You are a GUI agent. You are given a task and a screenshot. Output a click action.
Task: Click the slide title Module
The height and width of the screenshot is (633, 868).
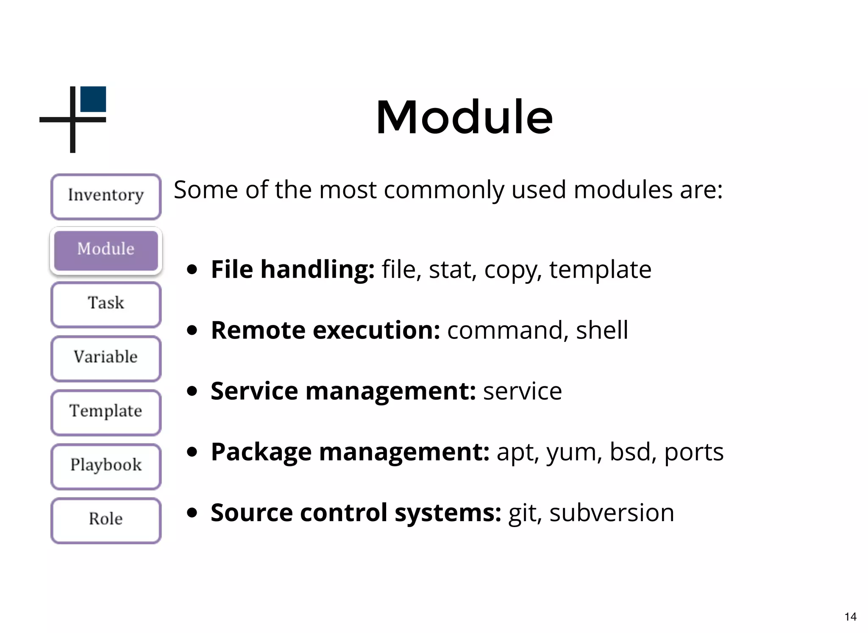click(464, 117)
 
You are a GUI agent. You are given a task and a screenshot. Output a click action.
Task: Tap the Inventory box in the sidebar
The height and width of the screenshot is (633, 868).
click(106, 196)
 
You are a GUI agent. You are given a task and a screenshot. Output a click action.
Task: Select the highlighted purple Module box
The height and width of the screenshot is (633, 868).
click(106, 250)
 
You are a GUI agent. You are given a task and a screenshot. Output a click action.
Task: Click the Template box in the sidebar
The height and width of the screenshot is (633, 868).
click(106, 412)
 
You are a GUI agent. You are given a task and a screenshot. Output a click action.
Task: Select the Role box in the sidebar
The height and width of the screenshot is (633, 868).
click(106, 520)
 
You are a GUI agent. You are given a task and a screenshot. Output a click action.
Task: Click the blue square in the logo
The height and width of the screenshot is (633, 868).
click(93, 99)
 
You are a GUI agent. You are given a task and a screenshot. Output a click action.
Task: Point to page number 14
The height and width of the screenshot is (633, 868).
click(850, 616)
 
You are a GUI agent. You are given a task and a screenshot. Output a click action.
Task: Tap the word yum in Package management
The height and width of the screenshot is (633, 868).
click(574, 453)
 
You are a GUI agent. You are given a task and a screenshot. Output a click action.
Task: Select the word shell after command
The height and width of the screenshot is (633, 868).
click(602, 330)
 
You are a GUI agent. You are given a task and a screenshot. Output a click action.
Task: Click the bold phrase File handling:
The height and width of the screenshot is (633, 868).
click(292, 269)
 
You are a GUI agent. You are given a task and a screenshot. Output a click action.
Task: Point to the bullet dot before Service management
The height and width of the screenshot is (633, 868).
click(192, 391)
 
